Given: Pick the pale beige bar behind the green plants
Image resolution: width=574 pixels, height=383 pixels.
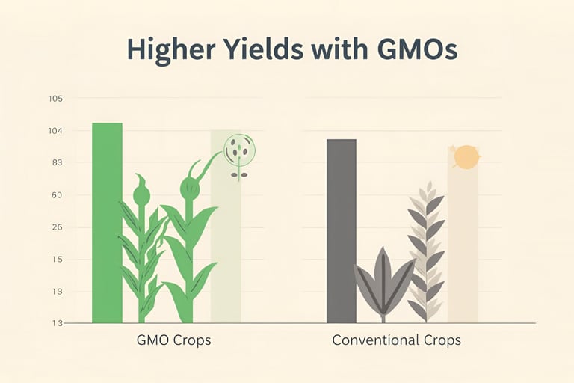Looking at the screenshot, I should (225, 247).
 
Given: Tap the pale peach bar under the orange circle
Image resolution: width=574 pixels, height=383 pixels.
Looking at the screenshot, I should (463, 247).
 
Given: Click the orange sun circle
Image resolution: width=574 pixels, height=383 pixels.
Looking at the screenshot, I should (466, 157).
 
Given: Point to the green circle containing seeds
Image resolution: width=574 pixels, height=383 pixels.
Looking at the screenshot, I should (240, 150).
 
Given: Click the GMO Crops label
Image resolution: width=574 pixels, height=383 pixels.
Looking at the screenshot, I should (174, 340).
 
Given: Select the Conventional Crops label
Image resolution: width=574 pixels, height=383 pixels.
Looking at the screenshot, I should (396, 340).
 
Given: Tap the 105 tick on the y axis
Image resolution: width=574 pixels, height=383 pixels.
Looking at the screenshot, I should (55, 99).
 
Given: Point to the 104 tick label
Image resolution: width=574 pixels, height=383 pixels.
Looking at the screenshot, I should (55, 131).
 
